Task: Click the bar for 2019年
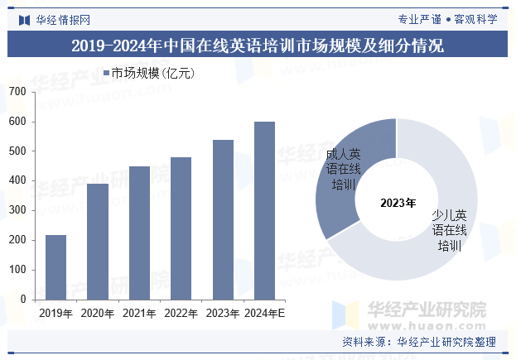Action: pos(55,267)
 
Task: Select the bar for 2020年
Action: pos(98,242)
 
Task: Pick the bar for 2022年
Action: pos(181,228)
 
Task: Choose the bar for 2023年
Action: pos(223,219)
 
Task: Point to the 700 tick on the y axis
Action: pos(17,92)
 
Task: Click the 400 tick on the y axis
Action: pos(17,180)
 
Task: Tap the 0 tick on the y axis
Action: pos(22,300)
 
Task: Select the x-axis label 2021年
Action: pos(139,314)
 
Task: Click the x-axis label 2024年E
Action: pos(264,314)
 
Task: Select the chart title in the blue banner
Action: pos(258,45)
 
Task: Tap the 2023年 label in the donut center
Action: pos(398,201)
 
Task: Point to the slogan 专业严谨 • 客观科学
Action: pos(447,19)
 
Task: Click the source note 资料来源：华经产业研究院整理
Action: pos(418,342)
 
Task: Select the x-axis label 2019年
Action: pos(55,314)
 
